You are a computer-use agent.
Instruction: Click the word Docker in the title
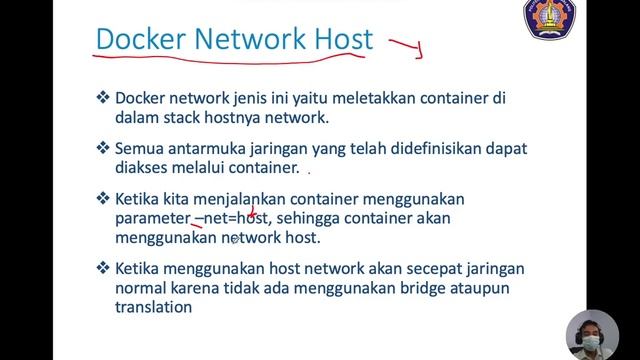click(141, 40)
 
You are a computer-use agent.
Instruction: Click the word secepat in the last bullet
click(396, 270)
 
